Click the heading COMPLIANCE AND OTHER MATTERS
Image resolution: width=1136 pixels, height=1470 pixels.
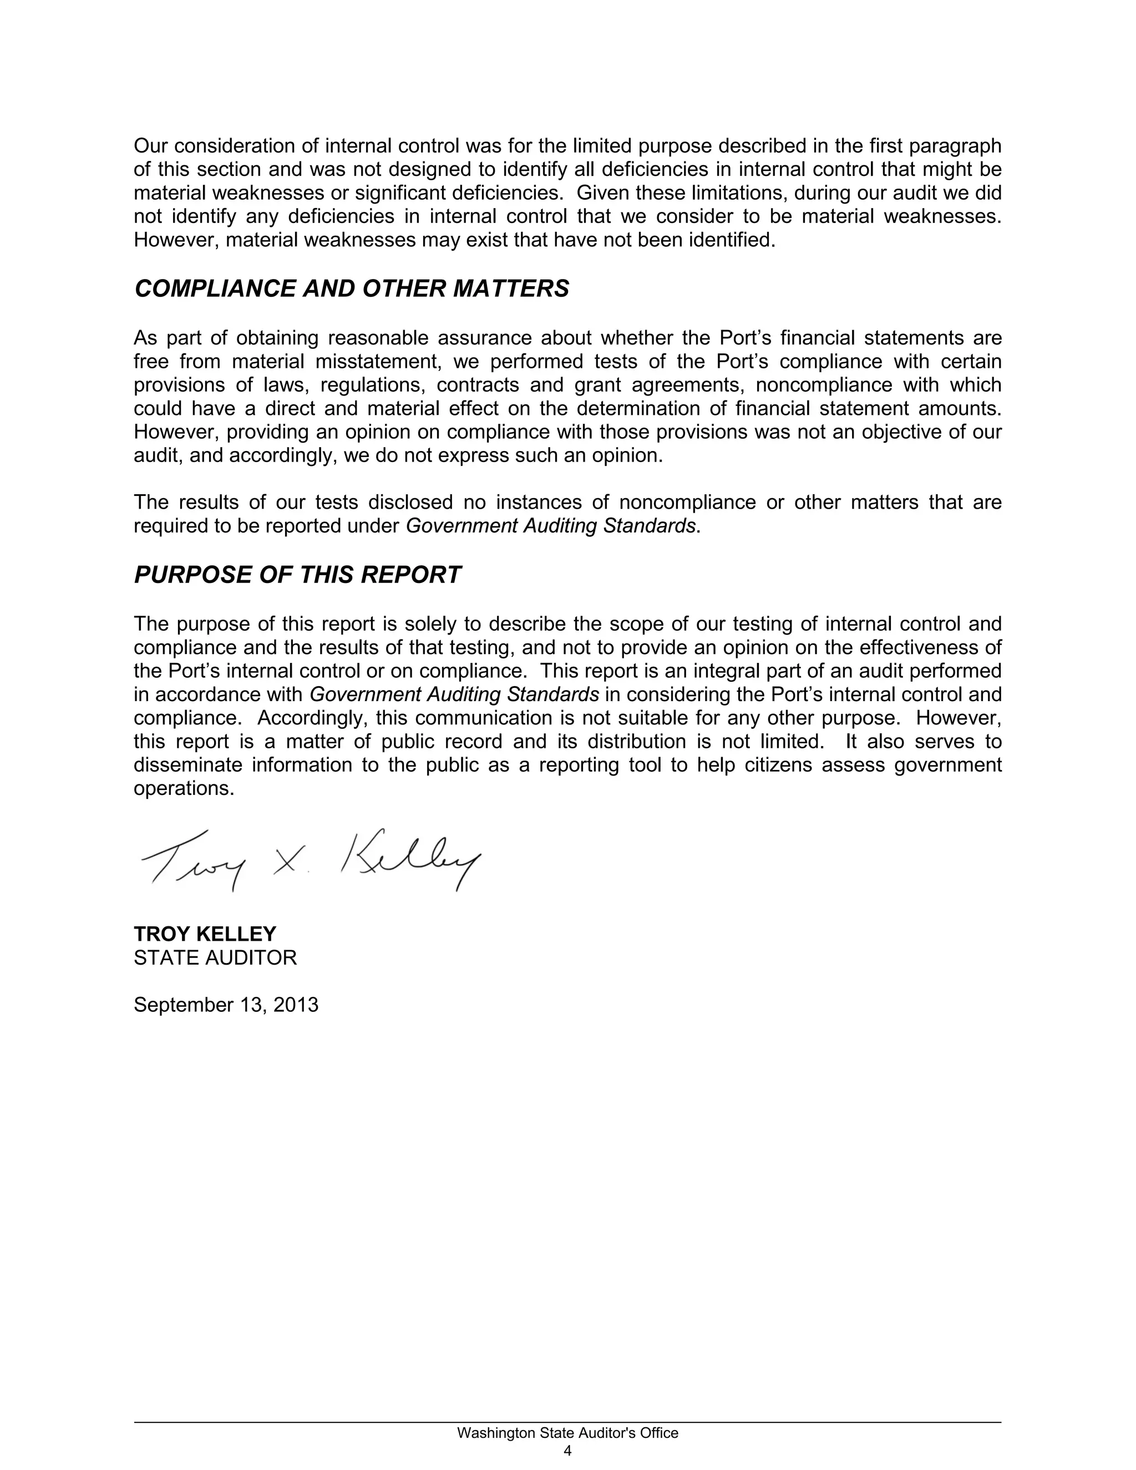pos(351,289)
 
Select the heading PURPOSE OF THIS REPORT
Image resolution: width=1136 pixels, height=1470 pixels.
pos(297,575)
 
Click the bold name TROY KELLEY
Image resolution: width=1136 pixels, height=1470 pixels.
pos(205,934)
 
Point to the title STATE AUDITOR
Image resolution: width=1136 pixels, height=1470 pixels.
pos(215,957)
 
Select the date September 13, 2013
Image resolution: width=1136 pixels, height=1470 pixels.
pos(225,1004)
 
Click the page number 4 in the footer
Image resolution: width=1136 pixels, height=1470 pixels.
pos(567,1450)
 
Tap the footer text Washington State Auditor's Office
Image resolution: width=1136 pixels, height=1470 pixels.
pos(567,1433)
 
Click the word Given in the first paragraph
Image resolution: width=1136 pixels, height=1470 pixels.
pos(602,193)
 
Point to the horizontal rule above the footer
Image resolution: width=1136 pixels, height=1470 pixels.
pos(567,1422)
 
